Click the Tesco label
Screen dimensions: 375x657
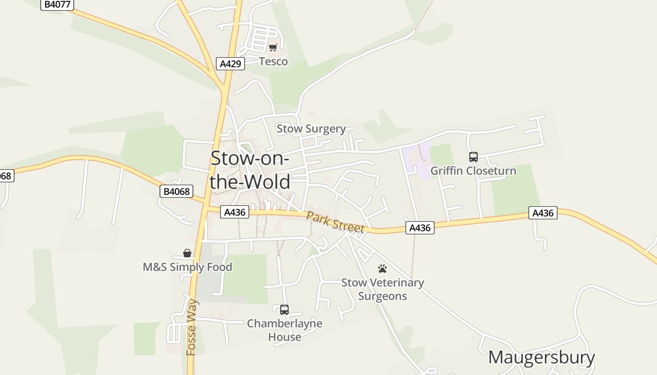tap(273, 61)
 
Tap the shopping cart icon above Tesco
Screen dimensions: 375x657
tap(273, 47)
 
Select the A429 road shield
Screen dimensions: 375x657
tap(230, 64)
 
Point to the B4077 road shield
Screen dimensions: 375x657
tap(57, 5)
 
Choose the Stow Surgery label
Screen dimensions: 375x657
tap(311, 128)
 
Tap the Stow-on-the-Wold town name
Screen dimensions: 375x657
tap(250, 170)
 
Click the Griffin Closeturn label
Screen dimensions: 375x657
tap(473, 171)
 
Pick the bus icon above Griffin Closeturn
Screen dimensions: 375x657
tap(474, 157)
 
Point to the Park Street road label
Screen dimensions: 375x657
tap(335, 221)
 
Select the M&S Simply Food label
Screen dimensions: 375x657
tap(187, 267)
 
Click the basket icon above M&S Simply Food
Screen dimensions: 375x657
tap(187, 254)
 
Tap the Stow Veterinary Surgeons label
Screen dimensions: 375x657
tap(382, 289)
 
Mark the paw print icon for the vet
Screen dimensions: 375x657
tap(382, 269)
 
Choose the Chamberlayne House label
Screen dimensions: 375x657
tap(284, 330)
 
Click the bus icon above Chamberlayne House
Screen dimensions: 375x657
tap(284, 310)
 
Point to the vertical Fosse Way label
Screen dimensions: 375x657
tap(191, 327)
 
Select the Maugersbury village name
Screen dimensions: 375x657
tap(542, 357)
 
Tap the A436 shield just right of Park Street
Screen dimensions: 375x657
tap(420, 228)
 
